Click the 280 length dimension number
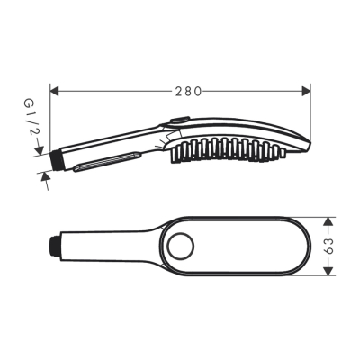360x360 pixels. point(190,90)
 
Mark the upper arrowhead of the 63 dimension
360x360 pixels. point(329,220)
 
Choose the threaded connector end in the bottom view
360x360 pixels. point(56,244)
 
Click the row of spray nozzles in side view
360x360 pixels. point(225,148)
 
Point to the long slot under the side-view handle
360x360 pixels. point(106,161)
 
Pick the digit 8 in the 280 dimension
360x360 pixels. point(190,90)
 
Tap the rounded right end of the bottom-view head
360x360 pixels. point(308,244)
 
